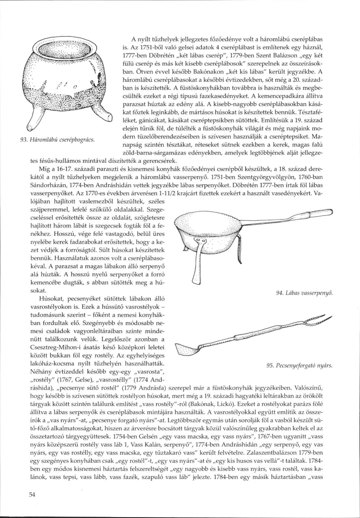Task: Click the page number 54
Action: pos(33,496)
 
